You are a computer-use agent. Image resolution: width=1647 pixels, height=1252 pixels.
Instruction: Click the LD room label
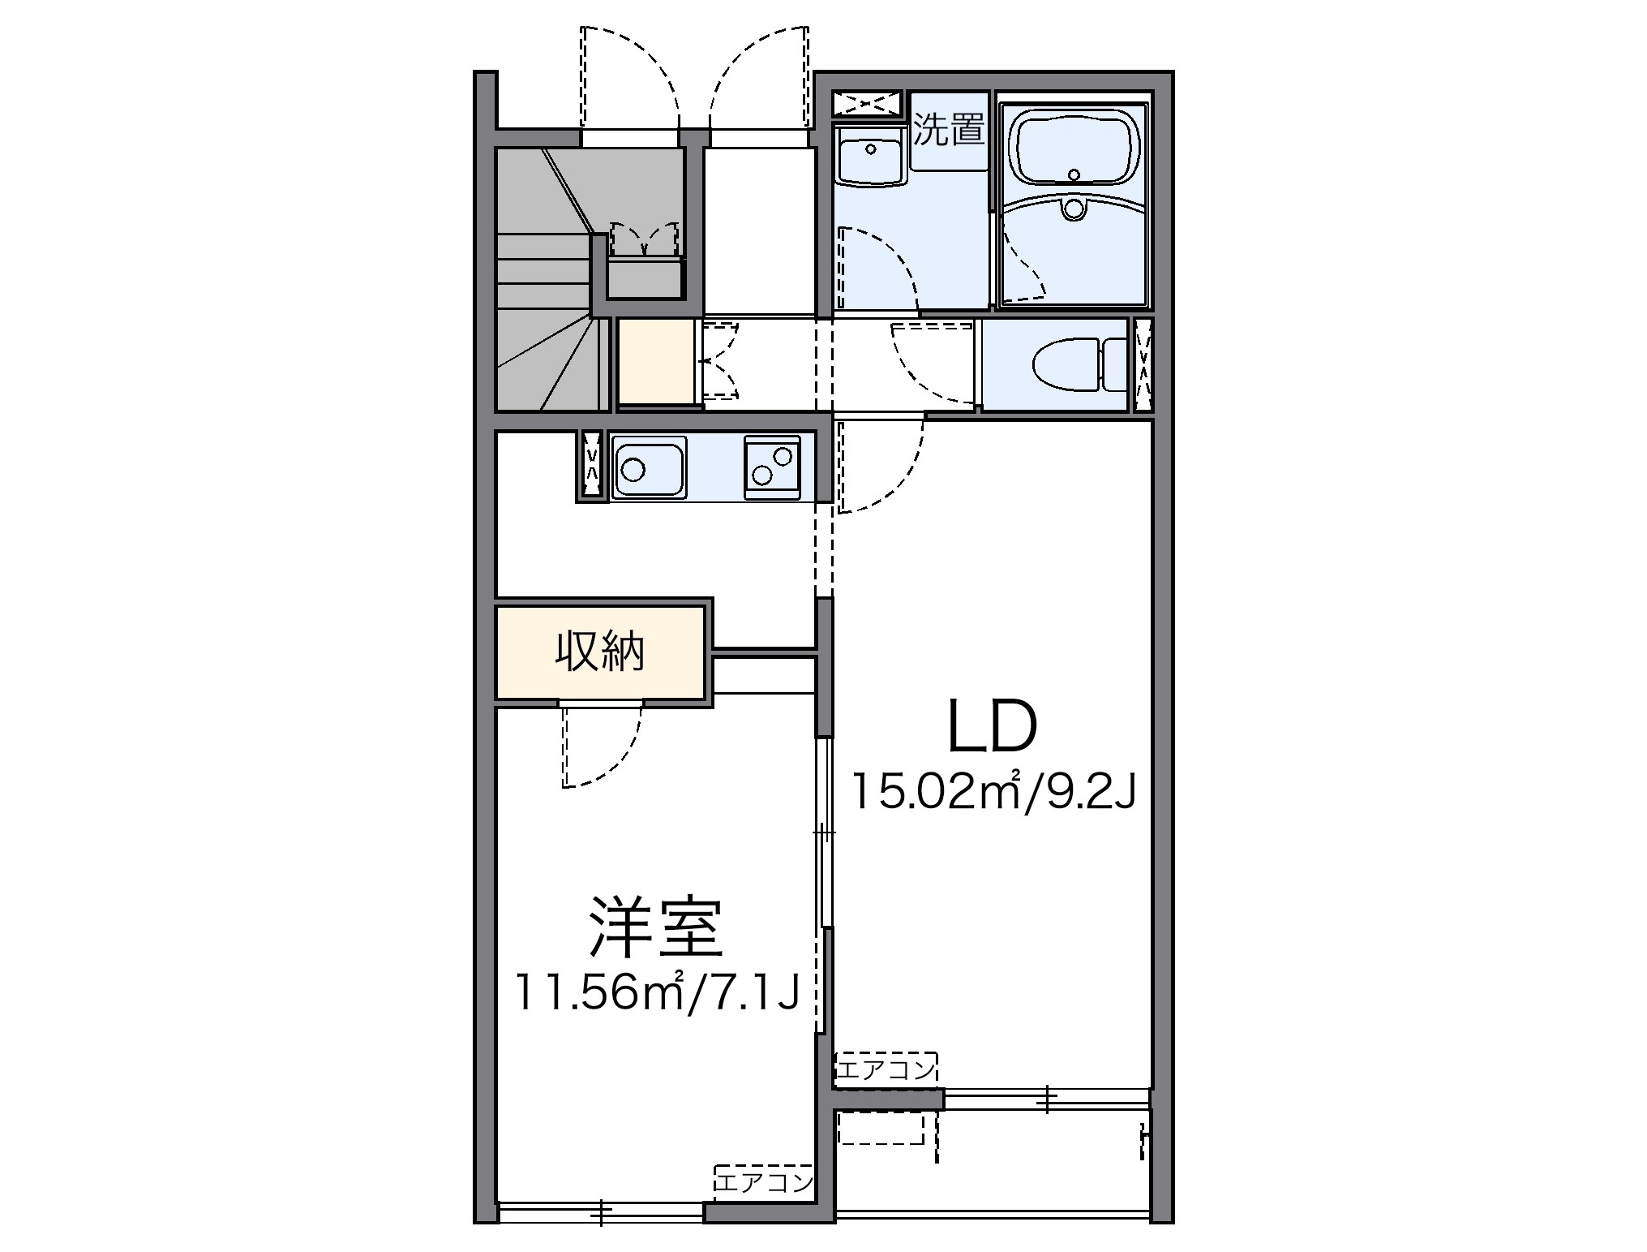pyautogui.click(x=993, y=725)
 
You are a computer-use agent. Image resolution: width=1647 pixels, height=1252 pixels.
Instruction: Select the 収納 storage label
pyautogui.click(x=599, y=652)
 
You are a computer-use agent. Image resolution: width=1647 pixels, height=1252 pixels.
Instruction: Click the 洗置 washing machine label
pyautogui.click(x=948, y=130)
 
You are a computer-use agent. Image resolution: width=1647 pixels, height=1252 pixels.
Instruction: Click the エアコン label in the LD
pyautogui.click(x=886, y=1070)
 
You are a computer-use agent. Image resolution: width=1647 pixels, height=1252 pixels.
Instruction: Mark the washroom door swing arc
pyautogui.click(x=876, y=268)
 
